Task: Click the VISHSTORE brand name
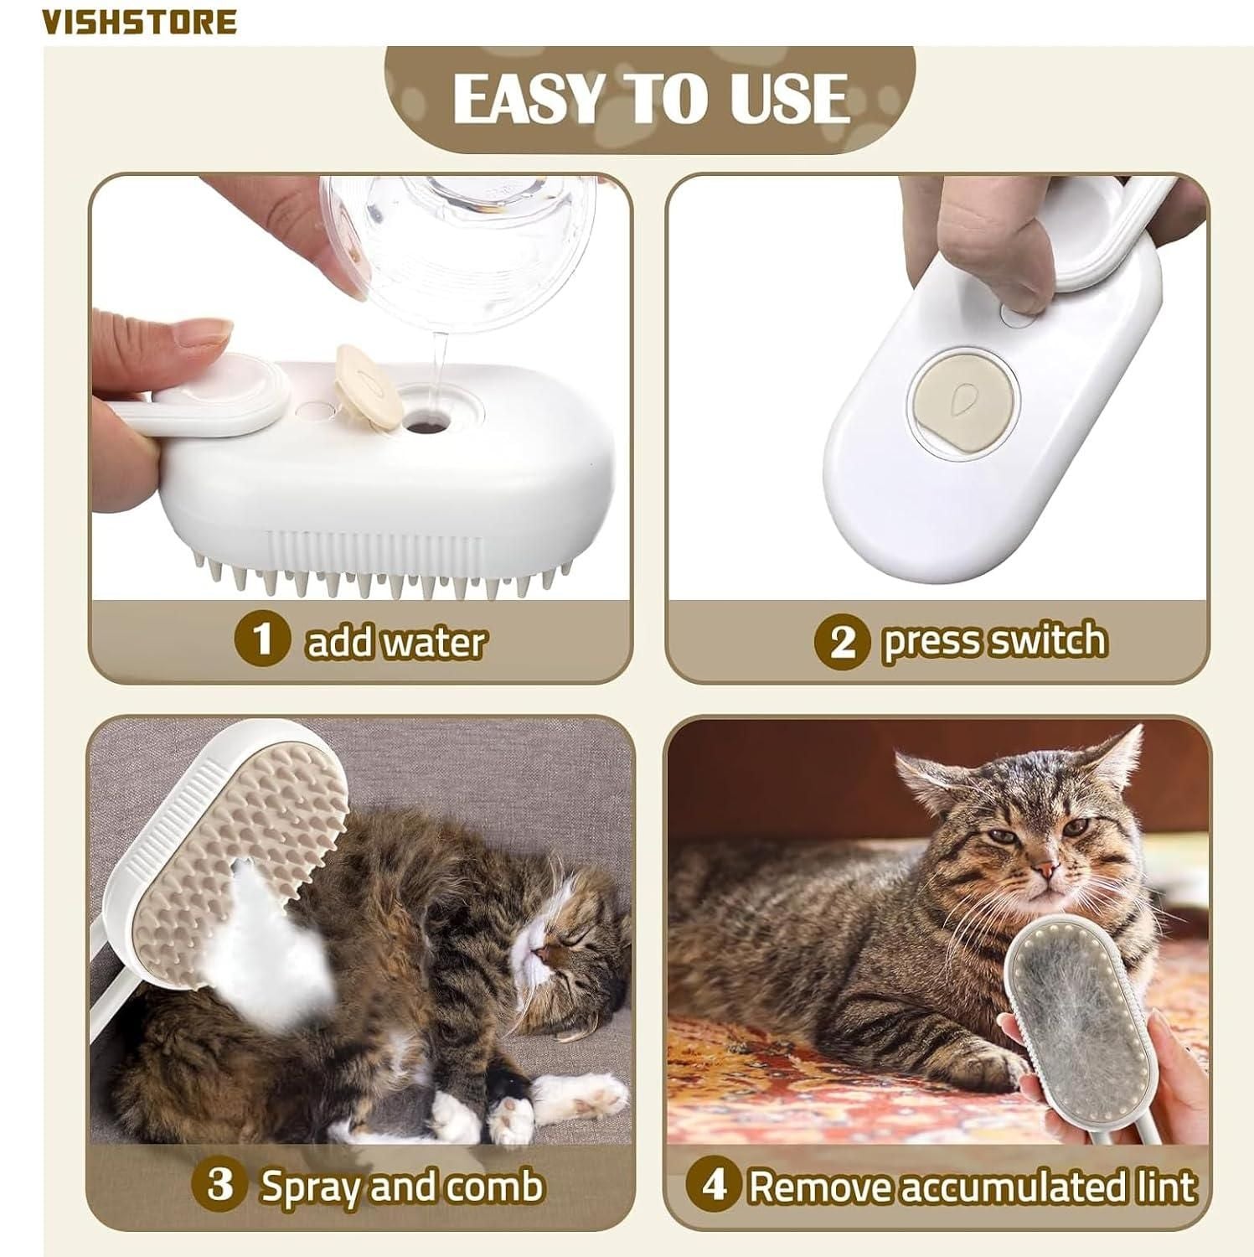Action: (x=140, y=21)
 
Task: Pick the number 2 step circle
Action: (x=843, y=641)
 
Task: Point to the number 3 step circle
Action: (x=219, y=1186)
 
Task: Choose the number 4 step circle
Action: (x=713, y=1186)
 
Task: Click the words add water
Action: (x=395, y=643)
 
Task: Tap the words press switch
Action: (x=993, y=641)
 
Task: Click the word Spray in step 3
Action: (x=311, y=1187)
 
